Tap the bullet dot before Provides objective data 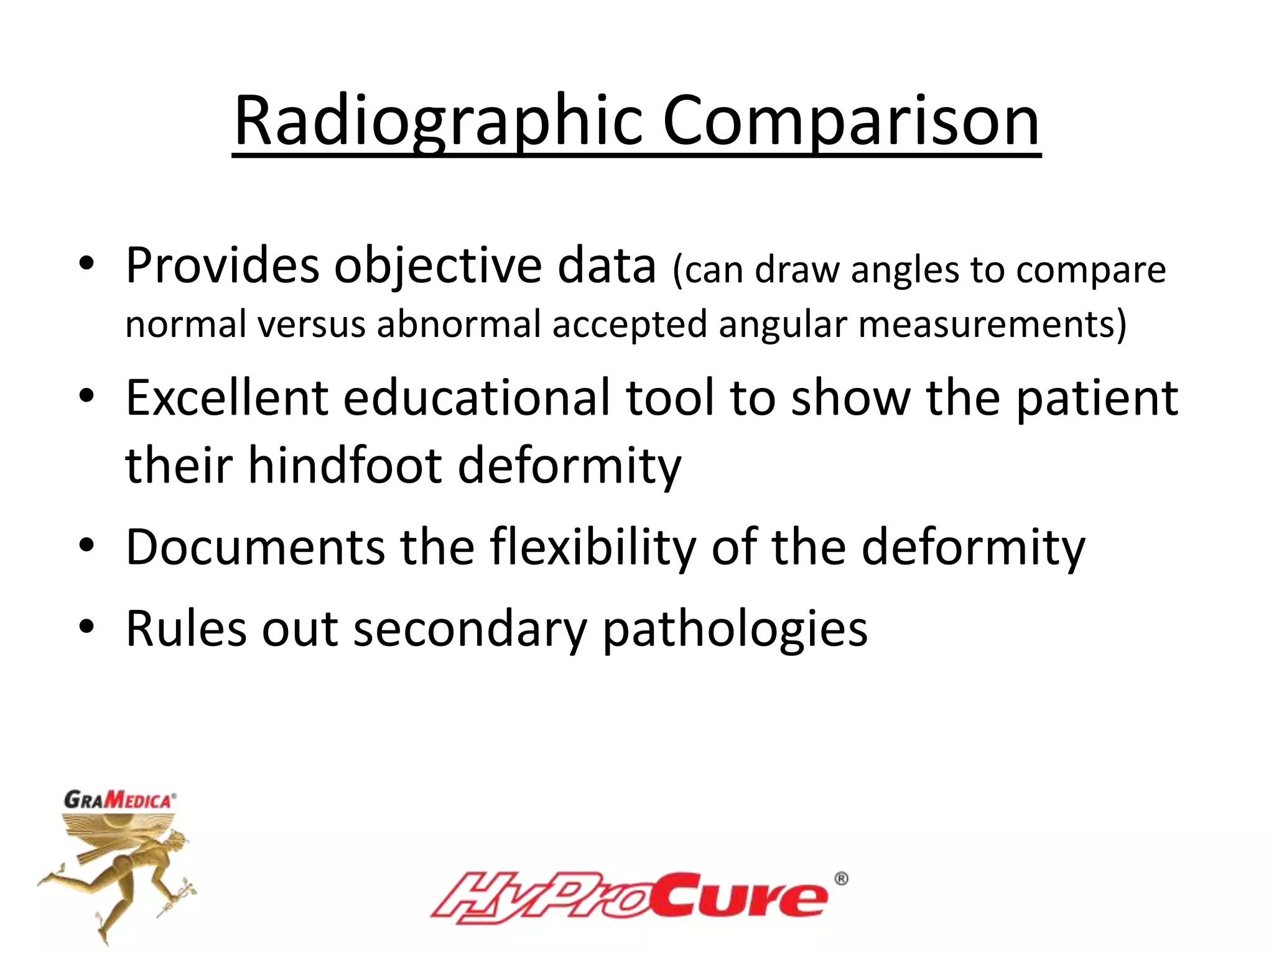[86, 264]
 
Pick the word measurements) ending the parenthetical [992, 324]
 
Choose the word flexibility [592, 548]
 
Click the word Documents [255, 547]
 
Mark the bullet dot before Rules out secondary [86, 627]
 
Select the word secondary [470, 629]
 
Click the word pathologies [735, 629]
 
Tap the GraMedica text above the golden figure [119, 800]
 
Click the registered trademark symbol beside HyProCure [840, 879]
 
